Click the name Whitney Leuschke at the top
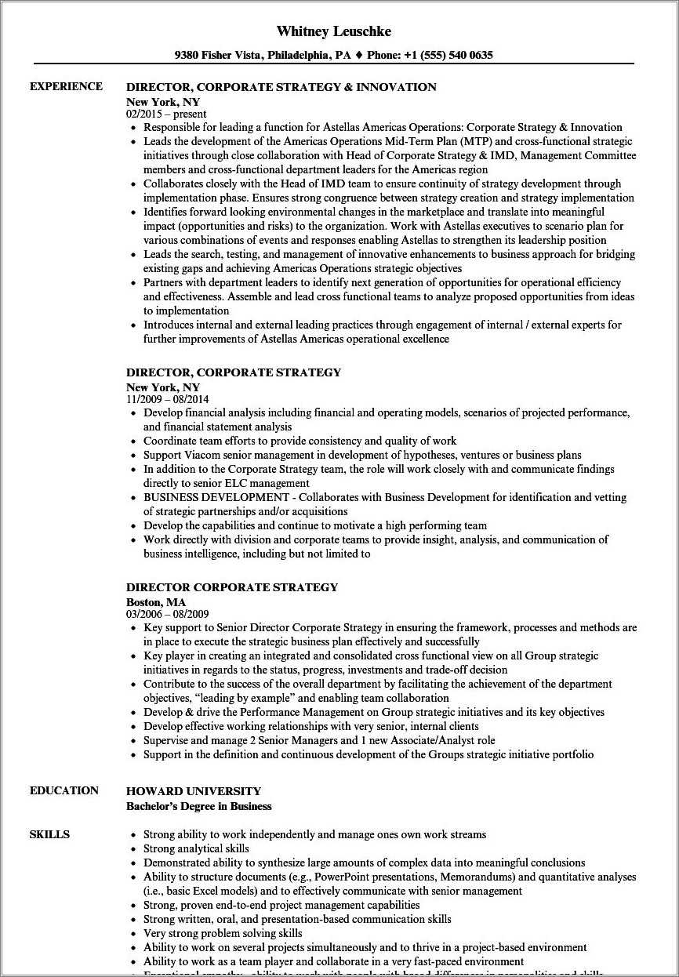click(x=334, y=31)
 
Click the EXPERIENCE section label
click(x=66, y=86)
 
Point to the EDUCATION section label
click(x=64, y=790)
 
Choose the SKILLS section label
click(x=49, y=834)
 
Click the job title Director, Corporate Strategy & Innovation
click(x=281, y=87)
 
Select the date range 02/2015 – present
click(x=166, y=114)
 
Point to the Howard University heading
click(x=194, y=791)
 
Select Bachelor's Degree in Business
click(x=198, y=806)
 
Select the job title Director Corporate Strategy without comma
click(x=232, y=587)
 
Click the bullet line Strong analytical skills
click(x=196, y=848)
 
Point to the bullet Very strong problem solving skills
click(x=223, y=933)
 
